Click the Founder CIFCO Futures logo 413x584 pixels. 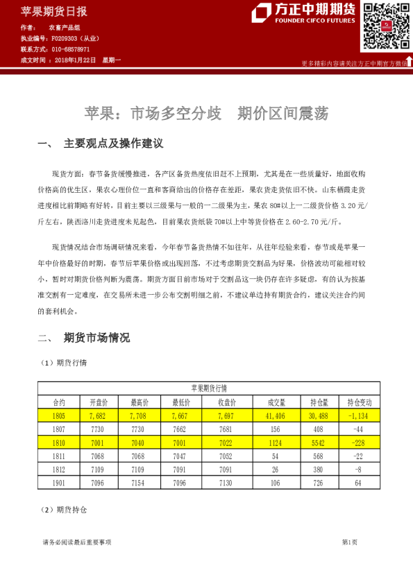coord(305,13)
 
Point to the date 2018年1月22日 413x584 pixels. coord(75,61)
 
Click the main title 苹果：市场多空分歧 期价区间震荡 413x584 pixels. coord(206,113)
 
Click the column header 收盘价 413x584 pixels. coord(228,402)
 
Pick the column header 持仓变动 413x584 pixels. coord(358,402)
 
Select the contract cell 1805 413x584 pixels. coord(58,415)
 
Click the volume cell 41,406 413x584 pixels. coord(276,415)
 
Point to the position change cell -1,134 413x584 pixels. coord(359,415)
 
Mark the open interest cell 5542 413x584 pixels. coord(317,443)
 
